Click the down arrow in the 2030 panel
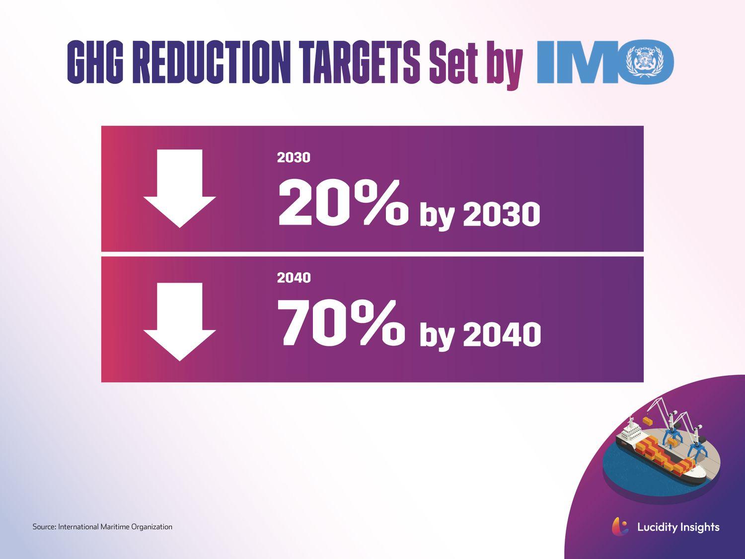coord(179,188)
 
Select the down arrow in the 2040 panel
coord(179,321)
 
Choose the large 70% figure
coord(341,323)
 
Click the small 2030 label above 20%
coord(294,158)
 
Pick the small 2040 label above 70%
coord(294,278)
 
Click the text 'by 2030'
coord(480,215)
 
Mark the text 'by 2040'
coord(480,335)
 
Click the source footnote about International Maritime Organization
coord(102,527)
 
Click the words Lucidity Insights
coord(678,527)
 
